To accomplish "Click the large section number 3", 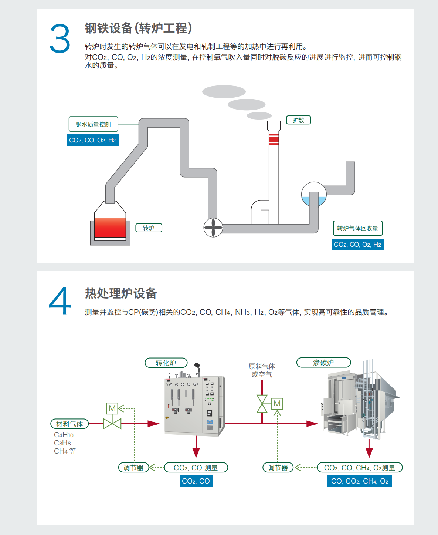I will pos(60,39).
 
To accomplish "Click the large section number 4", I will pos(60,302).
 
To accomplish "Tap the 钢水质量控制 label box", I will pos(93,124).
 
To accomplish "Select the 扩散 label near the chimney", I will pos(298,120).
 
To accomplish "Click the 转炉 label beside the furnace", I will pos(149,228).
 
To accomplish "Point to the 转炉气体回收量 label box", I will pos(357,228).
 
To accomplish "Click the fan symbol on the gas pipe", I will pos(213,228).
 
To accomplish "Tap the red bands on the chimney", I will pos(274,139).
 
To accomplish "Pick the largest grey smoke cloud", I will pos(224,92).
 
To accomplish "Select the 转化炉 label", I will pos(166,363).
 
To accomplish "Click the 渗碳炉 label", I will pos(323,363).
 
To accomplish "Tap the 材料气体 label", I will pos(69,424).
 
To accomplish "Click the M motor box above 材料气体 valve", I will pos(112,408).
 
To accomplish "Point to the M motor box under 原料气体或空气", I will pos(277,404).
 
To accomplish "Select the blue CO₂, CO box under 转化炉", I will pos(196,481).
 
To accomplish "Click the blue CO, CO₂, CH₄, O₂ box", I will pos(360,481).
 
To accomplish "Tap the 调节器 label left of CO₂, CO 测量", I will pos(133,468).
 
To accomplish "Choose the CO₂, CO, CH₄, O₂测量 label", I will pos(360,468).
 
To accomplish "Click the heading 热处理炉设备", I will pos(121,293).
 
